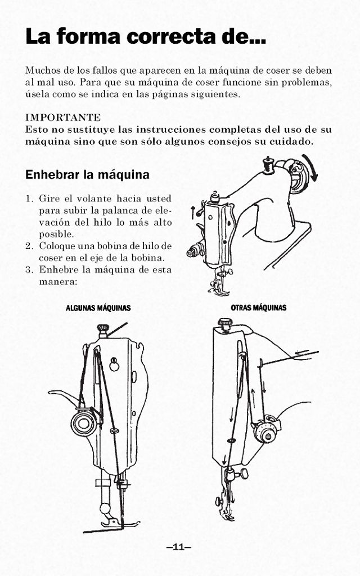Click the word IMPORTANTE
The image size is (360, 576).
(63, 118)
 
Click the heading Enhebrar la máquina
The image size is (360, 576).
(87, 175)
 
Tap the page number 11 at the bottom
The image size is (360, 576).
(179, 547)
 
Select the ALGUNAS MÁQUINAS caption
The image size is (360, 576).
(98, 308)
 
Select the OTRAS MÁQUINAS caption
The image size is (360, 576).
(258, 308)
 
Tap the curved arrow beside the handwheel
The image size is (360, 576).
(311, 168)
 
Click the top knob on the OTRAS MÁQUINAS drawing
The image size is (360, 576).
(225, 323)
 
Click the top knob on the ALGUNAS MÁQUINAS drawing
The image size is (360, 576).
(103, 328)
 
